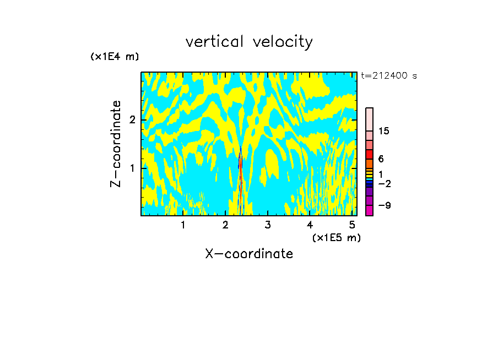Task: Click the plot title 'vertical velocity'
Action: click(x=249, y=42)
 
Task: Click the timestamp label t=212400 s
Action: click(x=388, y=76)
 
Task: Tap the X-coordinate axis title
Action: click(x=249, y=254)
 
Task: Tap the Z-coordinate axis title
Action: click(x=116, y=144)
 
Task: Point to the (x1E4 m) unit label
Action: click(x=115, y=57)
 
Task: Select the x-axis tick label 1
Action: click(x=183, y=225)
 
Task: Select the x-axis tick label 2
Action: click(x=225, y=225)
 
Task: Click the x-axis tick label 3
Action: click(x=267, y=225)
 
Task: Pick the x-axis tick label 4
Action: click(x=310, y=225)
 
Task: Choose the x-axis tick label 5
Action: click(x=352, y=225)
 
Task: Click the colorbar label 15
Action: click(x=384, y=131)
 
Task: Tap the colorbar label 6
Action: click(x=381, y=159)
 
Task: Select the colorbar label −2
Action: click(x=384, y=183)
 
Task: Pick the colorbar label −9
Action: click(x=384, y=205)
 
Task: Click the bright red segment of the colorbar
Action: click(x=369, y=154)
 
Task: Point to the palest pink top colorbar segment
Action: click(x=369, y=119)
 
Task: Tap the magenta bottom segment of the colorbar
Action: click(x=369, y=210)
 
